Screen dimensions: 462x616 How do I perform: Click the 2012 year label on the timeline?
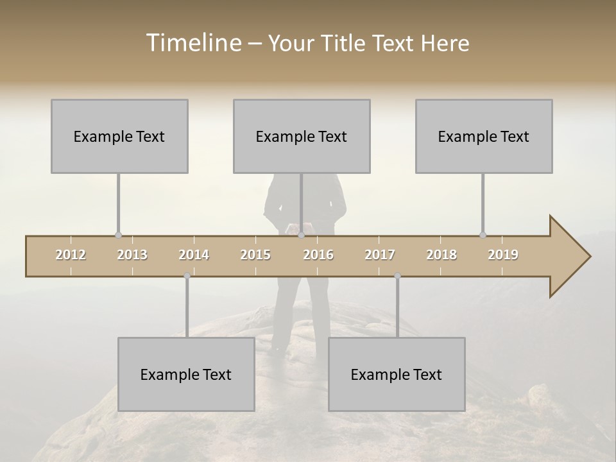coord(71,255)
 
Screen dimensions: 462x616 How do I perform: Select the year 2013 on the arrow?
coord(132,255)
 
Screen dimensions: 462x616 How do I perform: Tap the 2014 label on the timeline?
coord(194,255)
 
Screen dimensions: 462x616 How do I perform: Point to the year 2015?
coord(255,255)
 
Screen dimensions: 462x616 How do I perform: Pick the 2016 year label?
coord(318,255)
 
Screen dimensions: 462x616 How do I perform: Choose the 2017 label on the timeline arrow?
coord(380,255)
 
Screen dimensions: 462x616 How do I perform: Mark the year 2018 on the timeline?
coord(441,255)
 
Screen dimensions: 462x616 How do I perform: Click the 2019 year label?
coord(503,255)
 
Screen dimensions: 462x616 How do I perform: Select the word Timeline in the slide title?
coord(193,43)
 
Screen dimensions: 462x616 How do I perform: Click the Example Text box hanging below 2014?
coord(186,374)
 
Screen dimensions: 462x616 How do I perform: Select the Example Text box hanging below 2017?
coord(397,374)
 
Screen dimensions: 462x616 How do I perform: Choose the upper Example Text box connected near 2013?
coord(119,136)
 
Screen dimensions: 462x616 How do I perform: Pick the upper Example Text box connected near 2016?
coord(302,136)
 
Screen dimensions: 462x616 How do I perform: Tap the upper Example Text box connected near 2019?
coord(484,136)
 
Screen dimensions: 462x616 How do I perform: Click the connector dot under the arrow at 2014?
coord(187,276)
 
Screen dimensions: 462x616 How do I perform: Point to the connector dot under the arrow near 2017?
coord(397,276)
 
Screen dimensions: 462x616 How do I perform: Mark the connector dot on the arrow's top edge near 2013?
coord(118,235)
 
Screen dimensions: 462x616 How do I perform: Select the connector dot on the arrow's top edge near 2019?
coord(483,235)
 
